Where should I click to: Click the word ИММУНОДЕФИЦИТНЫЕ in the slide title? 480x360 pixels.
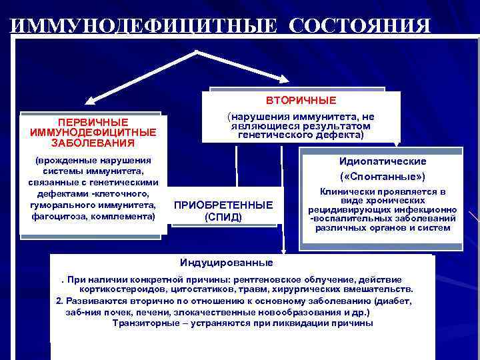[144, 26]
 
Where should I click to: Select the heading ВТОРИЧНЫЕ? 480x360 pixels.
[301, 101]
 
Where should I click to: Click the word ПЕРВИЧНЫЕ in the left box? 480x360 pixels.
[93, 123]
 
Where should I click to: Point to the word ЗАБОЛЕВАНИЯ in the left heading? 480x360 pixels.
[93, 142]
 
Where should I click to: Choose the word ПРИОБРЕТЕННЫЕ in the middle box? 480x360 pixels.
[223, 205]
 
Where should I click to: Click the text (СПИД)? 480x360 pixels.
[223, 217]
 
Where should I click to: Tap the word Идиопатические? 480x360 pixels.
[383, 161]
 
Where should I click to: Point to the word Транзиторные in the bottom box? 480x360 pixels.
[145, 323]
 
